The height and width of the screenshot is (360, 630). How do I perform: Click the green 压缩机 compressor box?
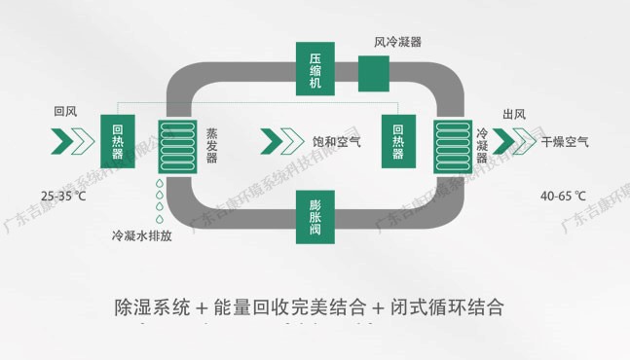click(315, 68)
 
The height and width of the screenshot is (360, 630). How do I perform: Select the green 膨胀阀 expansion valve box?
click(315, 217)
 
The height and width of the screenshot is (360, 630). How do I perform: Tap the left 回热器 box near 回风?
click(118, 142)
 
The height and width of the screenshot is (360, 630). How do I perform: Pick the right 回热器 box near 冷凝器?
click(398, 142)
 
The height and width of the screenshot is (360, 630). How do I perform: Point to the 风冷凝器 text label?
click(397, 42)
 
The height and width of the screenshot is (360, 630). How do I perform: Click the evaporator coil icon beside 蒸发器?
click(176, 144)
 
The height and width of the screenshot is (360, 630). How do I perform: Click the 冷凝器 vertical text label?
click(482, 143)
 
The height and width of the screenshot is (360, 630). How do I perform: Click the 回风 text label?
click(65, 113)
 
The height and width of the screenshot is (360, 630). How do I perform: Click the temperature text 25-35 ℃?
click(64, 196)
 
